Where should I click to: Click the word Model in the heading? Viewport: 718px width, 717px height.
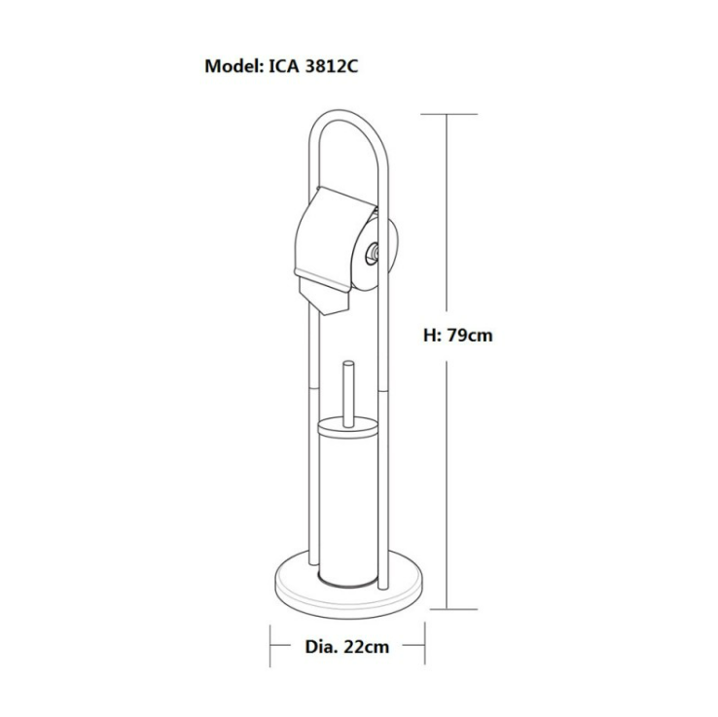click(x=233, y=66)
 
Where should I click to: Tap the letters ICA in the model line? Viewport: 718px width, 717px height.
click(x=283, y=66)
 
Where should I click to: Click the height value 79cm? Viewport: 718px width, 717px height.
click(x=470, y=335)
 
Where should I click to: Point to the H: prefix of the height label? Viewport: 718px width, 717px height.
click(x=433, y=335)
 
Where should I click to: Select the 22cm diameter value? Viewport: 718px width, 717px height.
click(x=367, y=647)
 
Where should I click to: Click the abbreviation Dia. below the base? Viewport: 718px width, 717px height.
click(x=322, y=647)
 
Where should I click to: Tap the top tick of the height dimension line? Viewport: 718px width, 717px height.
click(x=449, y=114)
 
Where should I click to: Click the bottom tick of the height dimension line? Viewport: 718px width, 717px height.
click(x=453, y=609)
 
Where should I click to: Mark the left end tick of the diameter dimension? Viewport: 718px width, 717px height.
click(x=270, y=646)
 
